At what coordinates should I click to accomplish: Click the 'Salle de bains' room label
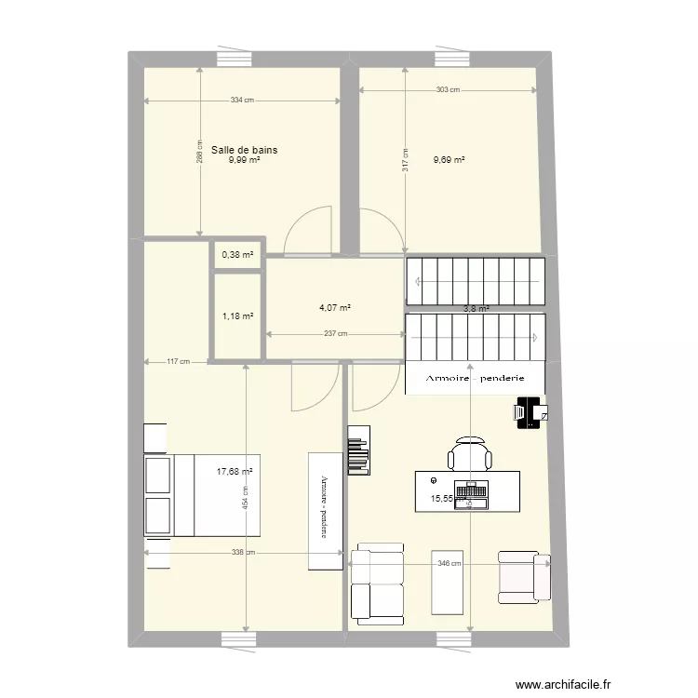pyautogui.click(x=244, y=149)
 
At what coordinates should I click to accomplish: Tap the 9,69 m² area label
pyautogui.click(x=449, y=160)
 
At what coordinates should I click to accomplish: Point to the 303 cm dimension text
pyautogui.click(x=448, y=90)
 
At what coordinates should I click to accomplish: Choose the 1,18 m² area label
pyautogui.click(x=237, y=316)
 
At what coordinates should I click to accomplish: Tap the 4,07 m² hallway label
pyautogui.click(x=335, y=308)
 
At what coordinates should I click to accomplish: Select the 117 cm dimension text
pyautogui.click(x=178, y=362)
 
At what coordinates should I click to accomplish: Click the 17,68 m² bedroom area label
pyautogui.click(x=235, y=471)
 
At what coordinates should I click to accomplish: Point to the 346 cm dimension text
pyautogui.click(x=449, y=563)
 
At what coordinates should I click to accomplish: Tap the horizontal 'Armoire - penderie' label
pyautogui.click(x=476, y=378)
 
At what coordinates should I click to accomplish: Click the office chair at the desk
pyautogui.click(x=470, y=453)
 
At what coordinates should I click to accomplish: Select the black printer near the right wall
pyautogui.click(x=530, y=411)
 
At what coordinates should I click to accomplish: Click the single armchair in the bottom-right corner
pyautogui.click(x=524, y=576)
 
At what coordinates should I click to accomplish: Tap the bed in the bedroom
pyautogui.click(x=202, y=495)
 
